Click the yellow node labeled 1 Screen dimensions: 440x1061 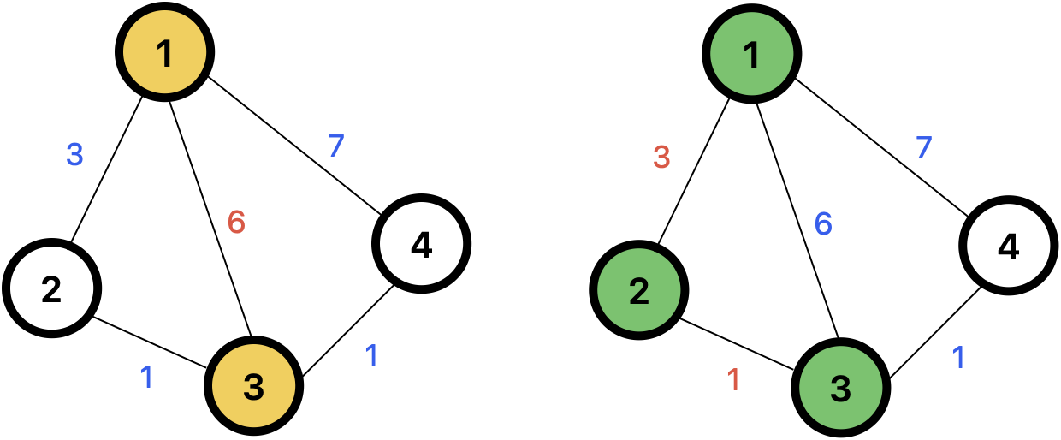pos(165,52)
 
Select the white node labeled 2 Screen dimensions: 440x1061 pos(51,288)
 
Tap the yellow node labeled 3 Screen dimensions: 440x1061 pos(254,386)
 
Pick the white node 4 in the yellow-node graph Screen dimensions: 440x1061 pos(422,244)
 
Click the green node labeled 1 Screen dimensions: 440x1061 pos(752,54)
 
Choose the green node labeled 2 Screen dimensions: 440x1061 pos(639,290)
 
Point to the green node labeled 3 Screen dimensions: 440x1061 pos(841,388)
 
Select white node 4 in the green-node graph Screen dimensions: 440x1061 pos(1009,246)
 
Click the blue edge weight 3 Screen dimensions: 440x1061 pos(74,155)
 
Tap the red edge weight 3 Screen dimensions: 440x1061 pos(661,158)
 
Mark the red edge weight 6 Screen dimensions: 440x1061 pos(236,223)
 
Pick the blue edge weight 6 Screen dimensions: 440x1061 pos(823,224)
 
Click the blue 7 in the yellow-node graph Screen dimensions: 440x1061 pos(336,146)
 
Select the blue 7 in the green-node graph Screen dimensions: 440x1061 pos(923,148)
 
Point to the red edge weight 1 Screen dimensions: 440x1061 pos(733,380)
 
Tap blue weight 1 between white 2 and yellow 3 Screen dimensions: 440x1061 pos(146,378)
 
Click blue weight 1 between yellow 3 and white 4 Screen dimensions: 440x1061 pos(371,356)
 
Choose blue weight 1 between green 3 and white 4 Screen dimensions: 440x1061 pos(958,358)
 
